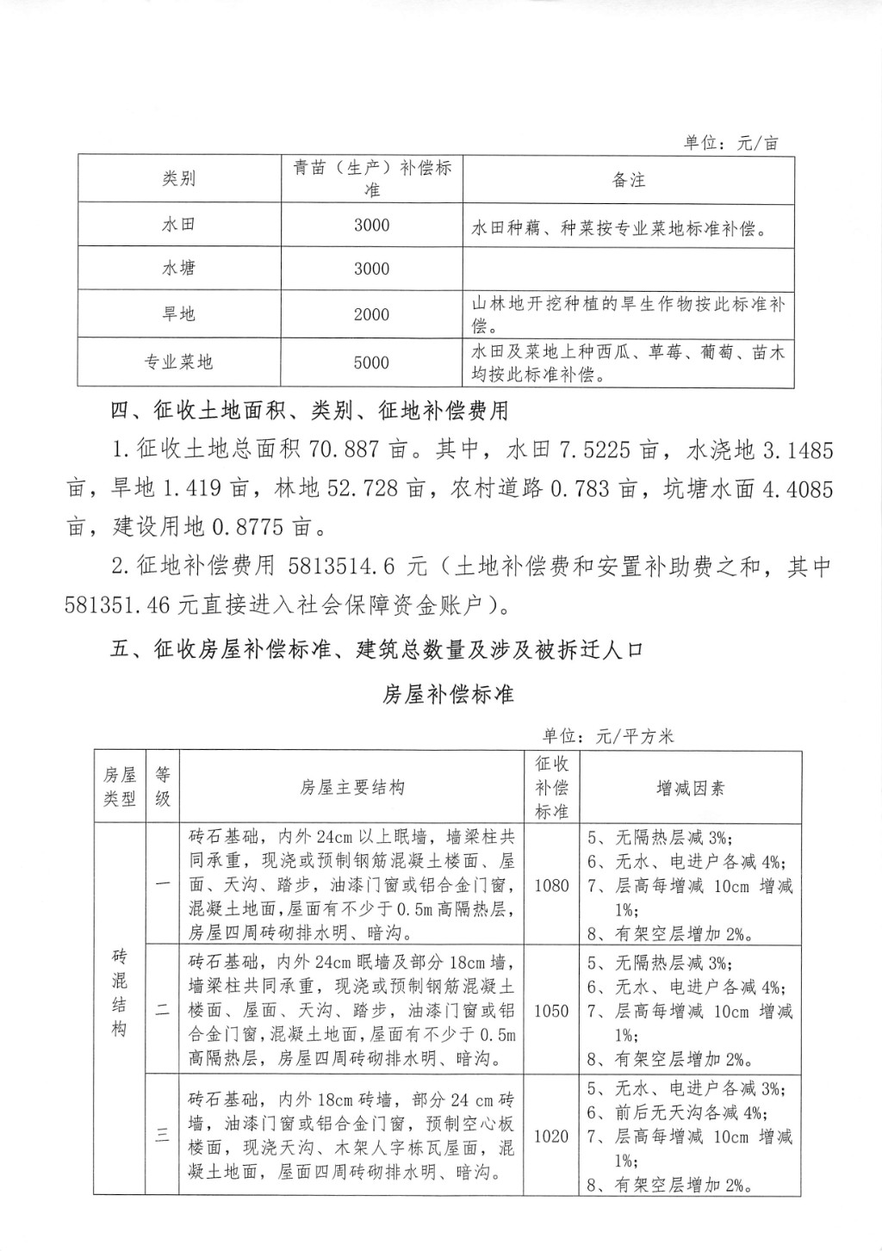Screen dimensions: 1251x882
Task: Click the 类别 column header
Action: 179,178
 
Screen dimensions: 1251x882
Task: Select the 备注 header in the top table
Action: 628,179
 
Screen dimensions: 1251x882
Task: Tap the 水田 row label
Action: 179,225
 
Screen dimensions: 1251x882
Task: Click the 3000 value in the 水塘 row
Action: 371,269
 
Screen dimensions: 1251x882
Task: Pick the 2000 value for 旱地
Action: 371,314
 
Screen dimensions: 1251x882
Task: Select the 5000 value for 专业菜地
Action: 371,362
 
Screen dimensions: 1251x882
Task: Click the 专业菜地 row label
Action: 179,362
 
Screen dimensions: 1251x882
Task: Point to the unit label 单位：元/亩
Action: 731,143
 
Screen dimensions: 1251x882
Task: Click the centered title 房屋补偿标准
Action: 448,694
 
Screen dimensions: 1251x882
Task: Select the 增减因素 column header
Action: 691,787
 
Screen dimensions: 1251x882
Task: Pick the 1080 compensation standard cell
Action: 551,885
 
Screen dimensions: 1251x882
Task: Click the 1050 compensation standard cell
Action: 551,1011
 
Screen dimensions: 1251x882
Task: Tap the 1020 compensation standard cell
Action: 551,1136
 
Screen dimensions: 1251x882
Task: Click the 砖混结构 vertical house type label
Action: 120,993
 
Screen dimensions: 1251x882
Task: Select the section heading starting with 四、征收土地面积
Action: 310,411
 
